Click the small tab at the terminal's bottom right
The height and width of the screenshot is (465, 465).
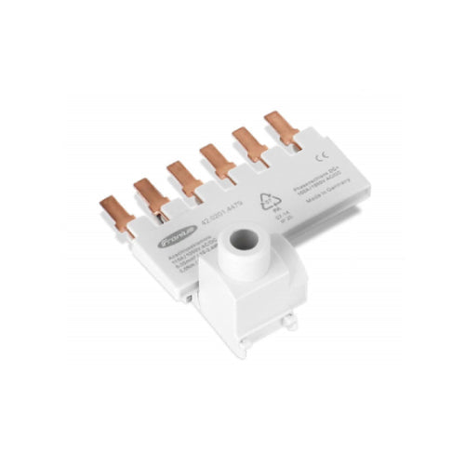(291, 322)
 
